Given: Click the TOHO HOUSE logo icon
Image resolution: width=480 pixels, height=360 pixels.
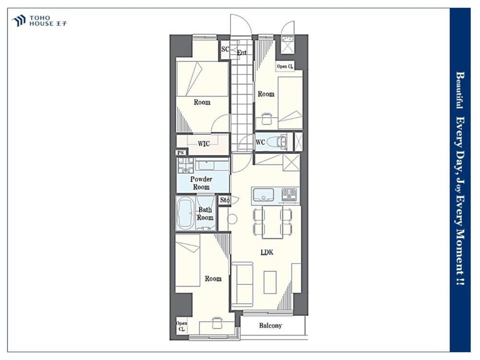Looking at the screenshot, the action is [18, 21].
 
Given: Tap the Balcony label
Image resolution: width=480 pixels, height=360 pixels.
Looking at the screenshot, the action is [270, 325].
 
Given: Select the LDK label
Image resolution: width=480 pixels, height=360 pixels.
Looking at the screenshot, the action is [266, 252].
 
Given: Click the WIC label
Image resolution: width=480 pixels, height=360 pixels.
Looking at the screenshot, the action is [204, 144].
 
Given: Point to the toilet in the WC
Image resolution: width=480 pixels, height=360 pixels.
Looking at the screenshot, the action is [276, 142].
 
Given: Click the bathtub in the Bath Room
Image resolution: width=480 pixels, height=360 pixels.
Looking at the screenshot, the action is [186, 214].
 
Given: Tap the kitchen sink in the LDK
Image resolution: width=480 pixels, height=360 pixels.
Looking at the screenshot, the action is [263, 195].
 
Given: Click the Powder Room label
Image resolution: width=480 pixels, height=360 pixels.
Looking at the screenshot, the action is [201, 183].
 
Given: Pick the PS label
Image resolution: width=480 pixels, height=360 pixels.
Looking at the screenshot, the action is [180, 153].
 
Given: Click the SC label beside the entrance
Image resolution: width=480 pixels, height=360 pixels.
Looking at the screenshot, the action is [225, 49].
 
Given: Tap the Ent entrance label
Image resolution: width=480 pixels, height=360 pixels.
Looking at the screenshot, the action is [241, 52].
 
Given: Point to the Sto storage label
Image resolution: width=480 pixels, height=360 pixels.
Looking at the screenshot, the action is [225, 200].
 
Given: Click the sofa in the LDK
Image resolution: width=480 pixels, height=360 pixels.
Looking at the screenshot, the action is [242, 284].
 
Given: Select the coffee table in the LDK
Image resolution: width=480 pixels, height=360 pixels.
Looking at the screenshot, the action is [270, 282].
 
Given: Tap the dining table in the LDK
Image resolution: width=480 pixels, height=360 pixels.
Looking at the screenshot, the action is [273, 222].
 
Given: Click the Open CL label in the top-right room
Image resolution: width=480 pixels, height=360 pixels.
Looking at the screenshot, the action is [285, 66].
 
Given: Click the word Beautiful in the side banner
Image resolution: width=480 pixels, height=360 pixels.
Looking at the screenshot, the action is [459, 90].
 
